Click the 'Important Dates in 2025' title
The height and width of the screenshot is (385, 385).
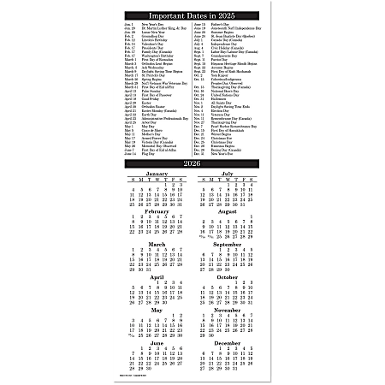coord(192,15)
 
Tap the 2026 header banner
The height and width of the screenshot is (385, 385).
coord(192,163)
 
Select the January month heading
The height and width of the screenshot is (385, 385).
coord(157,174)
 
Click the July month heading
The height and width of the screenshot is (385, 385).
coord(228,174)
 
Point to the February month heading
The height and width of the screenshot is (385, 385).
coord(157,210)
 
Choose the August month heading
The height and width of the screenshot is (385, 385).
coord(228,210)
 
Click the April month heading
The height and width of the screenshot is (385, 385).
coord(157,277)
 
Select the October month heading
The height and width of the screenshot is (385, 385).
coord(228,277)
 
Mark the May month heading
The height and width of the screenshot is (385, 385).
coord(157,311)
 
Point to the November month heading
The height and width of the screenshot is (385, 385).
coord(228,311)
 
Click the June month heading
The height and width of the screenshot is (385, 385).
coord(157,343)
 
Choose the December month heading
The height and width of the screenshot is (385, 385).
coord(228,343)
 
